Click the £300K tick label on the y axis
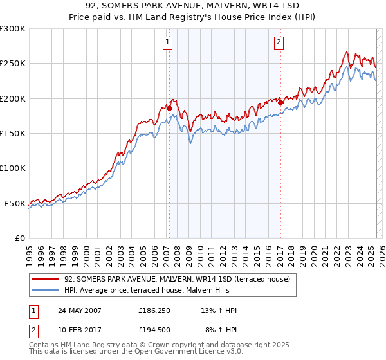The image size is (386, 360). point(13,29)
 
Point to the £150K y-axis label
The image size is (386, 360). point(13,134)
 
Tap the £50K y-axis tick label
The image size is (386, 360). point(15,203)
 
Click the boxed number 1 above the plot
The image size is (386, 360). point(167,43)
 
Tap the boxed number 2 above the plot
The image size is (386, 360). point(279,43)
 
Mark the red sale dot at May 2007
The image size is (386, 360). point(170,108)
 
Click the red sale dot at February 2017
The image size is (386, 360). point(281,102)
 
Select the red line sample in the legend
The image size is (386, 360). point(46,279)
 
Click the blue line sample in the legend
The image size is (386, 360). point(46,290)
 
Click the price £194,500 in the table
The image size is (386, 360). point(154,329)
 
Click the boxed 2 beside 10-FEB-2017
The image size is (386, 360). point(33,329)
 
